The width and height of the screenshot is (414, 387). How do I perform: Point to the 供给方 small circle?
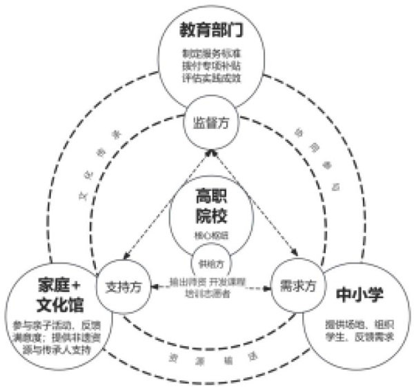(208, 264)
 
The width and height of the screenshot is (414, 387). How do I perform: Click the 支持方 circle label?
(124, 286)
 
